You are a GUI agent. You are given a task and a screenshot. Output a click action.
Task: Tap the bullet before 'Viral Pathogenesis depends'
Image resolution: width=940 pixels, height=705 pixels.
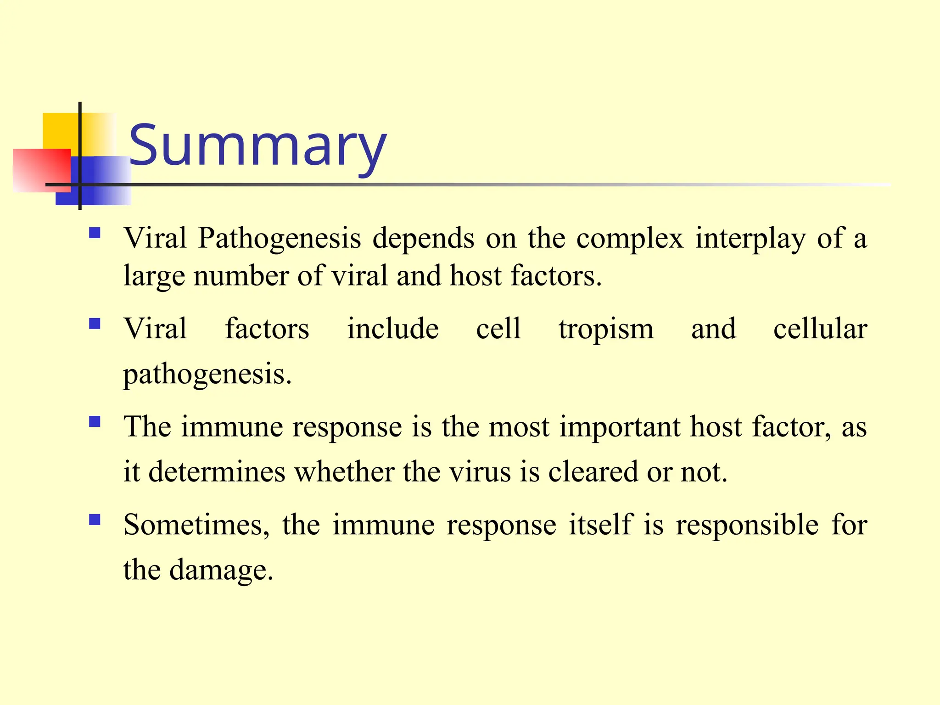tap(95, 233)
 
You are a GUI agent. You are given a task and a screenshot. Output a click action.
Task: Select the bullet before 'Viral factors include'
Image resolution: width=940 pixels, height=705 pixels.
tap(95, 325)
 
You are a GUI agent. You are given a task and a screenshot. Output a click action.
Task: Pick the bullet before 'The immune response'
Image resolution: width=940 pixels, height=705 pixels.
tap(95, 422)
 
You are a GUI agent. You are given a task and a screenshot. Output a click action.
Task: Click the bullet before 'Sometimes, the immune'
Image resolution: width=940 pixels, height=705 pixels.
tap(95, 520)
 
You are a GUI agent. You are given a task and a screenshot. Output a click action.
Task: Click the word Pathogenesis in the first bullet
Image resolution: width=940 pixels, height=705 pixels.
tap(280, 239)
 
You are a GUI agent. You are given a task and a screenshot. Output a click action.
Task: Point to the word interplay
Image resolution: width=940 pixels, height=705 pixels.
tap(750, 239)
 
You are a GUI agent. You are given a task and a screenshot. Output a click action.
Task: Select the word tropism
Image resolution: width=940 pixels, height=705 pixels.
tap(606, 329)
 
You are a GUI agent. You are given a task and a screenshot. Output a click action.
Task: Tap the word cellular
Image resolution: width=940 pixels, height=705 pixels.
tap(820, 329)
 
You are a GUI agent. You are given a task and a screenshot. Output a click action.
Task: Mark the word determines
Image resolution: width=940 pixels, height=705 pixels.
tap(217, 472)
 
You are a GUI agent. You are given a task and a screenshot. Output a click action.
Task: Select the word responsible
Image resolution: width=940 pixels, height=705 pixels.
tap(747, 525)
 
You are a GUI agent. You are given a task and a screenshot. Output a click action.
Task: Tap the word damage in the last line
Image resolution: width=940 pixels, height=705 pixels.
tap(221, 570)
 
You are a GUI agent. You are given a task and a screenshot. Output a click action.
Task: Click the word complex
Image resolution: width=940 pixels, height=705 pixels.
tap(630, 239)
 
